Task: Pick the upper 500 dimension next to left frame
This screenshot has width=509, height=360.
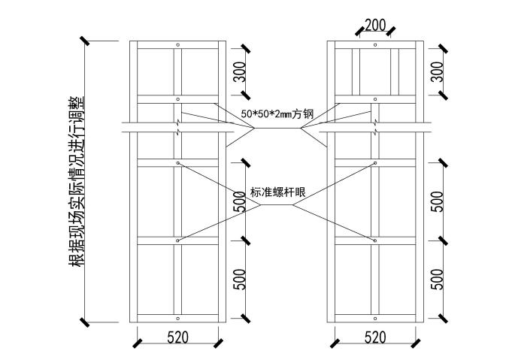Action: pos(239,201)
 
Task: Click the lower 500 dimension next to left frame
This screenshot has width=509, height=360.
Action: pos(239,279)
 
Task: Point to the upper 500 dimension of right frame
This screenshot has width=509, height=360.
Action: pos(438,201)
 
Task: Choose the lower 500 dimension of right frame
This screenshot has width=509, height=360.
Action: pos(438,279)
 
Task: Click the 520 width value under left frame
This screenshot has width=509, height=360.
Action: pos(177,337)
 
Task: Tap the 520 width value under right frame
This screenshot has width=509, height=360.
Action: pos(375,337)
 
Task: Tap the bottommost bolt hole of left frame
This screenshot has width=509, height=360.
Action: pos(178,318)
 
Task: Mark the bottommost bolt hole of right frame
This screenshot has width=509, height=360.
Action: pos(375,318)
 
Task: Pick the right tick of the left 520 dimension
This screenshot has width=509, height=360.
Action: pos(219,343)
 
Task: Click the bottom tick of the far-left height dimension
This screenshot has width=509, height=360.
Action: pos(86,322)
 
